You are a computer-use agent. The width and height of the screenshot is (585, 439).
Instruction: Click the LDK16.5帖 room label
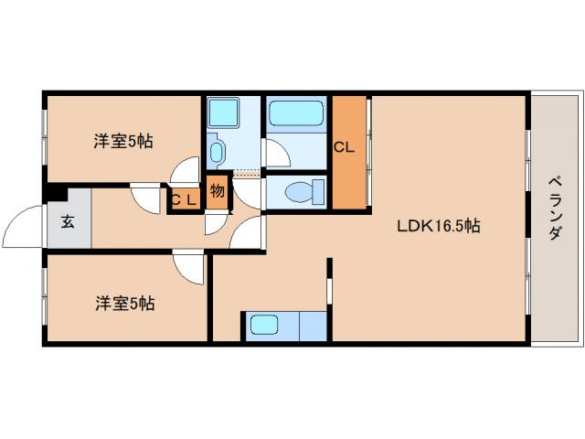pyautogui.click(x=438, y=227)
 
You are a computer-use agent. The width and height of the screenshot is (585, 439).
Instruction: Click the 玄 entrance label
pyautogui.click(x=68, y=220)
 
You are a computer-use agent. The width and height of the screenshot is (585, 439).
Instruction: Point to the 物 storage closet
pyautogui.click(x=217, y=192)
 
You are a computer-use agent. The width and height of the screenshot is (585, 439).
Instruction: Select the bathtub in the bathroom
pyautogui.click(x=296, y=116)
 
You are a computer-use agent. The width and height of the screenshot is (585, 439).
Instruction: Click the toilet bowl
pyautogui.click(x=301, y=191)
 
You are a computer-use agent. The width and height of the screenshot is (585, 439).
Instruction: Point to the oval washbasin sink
pyautogui.click(x=218, y=149)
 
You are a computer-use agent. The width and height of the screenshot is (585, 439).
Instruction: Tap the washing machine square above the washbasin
pyautogui.click(x=223, y=113)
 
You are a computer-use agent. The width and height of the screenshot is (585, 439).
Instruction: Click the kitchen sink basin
pyautogui.click(x=265, y=325)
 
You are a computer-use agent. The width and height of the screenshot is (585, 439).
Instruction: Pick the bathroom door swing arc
pyautogui.click(x=276, y=154)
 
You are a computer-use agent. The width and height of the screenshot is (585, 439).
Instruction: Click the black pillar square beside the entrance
pyautogui.click(x=56, y=193)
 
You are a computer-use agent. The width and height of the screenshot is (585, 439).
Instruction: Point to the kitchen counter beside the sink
pyautogui.click(x=311, y=326)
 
